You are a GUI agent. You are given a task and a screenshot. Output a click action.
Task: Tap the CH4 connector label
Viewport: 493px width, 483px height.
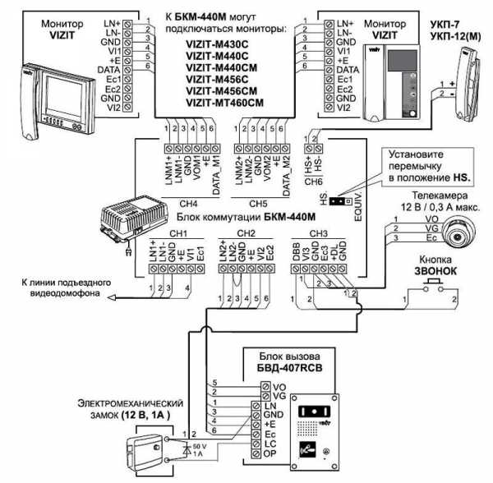click(x=189, y=201)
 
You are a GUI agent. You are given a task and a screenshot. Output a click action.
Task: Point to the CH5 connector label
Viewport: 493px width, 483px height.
click(x=257, y=201)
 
